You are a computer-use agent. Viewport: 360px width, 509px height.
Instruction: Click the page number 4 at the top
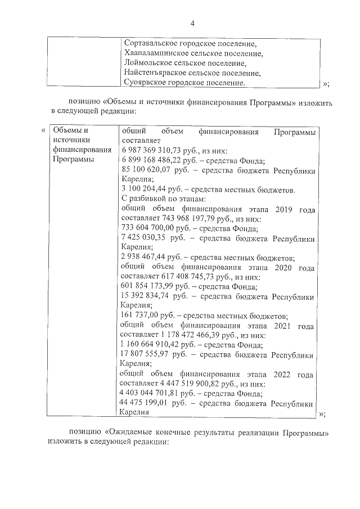click(x=192, y=24)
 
